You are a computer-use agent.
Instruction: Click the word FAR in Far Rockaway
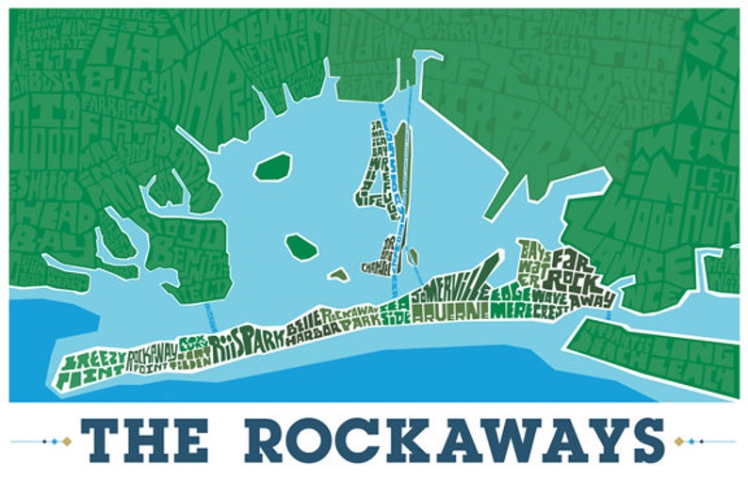[x=572, y=257]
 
